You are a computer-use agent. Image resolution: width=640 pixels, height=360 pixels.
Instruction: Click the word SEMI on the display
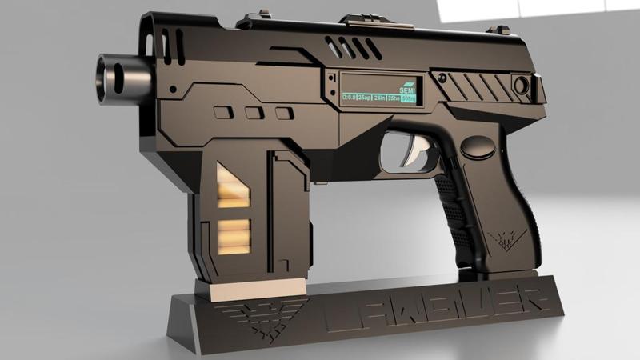(407, 89)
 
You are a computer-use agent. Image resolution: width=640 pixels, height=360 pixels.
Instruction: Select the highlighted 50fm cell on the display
(408, 98)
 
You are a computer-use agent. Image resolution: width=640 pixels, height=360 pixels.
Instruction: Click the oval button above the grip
(478, 146)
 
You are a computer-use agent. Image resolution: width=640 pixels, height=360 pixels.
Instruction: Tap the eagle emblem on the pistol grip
(506, 238)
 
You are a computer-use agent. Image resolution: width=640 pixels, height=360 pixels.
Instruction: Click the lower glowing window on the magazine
(232, 235)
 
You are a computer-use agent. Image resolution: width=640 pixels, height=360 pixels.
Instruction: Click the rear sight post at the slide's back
(502, 30)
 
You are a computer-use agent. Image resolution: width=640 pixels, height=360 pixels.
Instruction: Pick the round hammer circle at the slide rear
(522, 84)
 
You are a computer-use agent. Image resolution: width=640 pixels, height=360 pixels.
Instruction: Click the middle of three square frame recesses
(254, 113)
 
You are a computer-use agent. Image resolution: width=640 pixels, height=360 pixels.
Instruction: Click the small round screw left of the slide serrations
(440, 76)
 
